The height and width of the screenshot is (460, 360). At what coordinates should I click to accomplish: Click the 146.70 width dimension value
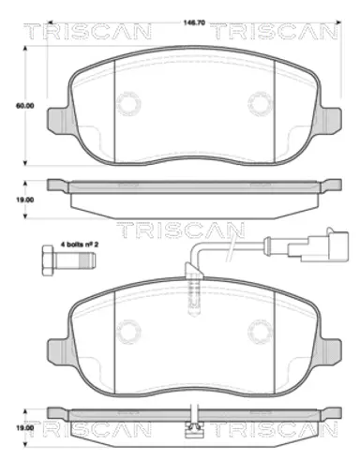click(194, 22)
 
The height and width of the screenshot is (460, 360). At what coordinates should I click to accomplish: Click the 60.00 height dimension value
click(25, 106)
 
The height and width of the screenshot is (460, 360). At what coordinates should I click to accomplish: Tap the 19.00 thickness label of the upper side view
click(25, 200)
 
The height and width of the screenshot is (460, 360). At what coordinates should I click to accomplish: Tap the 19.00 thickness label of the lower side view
click(25, 427)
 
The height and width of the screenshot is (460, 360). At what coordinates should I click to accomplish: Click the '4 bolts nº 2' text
click(80, 245)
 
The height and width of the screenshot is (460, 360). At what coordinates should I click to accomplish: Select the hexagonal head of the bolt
click(48, 260)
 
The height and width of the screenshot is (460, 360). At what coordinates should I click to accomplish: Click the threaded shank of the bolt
click(74, 260)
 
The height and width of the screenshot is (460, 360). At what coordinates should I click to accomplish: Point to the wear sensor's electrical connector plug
click(318, 246)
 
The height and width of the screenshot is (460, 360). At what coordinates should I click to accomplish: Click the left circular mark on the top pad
click(128, 103)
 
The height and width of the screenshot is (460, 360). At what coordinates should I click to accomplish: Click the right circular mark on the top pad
click(261, 103)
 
